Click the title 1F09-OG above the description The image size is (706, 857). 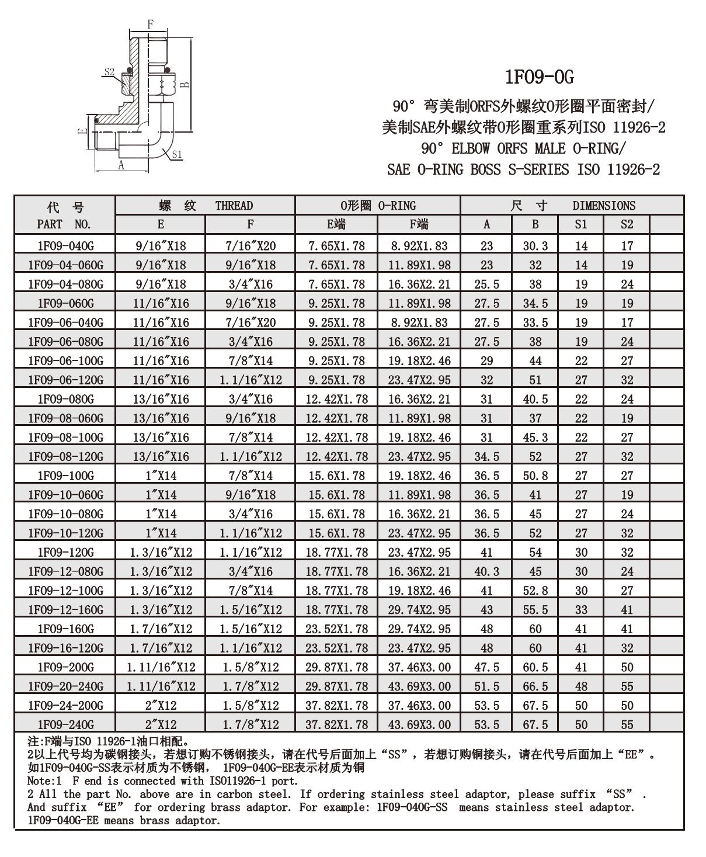[539, 77]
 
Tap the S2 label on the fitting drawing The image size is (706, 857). [110, 71]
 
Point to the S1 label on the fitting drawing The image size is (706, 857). [178, 154]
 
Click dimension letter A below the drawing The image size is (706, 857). [121, 165]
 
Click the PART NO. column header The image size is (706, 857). [64, 224]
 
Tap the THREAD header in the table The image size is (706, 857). [234, 206]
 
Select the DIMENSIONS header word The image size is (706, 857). [604, 206]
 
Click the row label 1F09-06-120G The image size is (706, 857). [65, 380]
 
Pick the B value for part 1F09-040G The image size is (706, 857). [535, 246]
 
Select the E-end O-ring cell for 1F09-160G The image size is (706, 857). [336, 629]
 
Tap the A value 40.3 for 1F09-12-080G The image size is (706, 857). [486, 571]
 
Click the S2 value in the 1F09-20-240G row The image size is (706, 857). [627, 686]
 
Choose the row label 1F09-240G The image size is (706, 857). [65, 724]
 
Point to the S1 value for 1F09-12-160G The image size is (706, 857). [581, 610]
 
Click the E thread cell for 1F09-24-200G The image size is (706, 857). [161, 706]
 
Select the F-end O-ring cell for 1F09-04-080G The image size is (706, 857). [419, 284]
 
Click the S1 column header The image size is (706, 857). [581, 224]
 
